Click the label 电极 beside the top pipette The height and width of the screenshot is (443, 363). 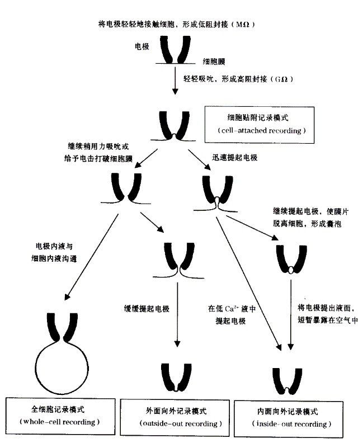(x=142, y=48)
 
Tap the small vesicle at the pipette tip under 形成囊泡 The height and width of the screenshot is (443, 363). (x=291, y=271)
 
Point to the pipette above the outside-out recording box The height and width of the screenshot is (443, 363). (x=177, y=379)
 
